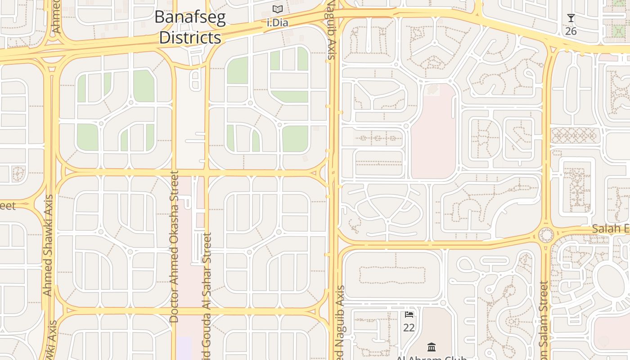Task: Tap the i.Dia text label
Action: point(277,22)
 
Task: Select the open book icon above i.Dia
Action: point(278,9)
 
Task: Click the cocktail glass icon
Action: point(571,18)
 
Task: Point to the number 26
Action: point(571,31)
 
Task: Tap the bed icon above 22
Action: point(409,314)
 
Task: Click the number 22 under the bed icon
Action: point(409,328)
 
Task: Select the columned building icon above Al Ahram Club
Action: point(432,346)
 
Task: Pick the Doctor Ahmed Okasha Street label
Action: point(174,246)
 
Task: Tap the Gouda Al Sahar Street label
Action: point(207,297)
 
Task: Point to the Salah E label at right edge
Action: point(610,229)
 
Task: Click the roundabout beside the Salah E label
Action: point(546,235)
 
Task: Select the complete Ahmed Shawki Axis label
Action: point(48,245)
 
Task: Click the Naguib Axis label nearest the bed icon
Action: point(340,322)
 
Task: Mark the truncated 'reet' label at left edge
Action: point(8,206)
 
